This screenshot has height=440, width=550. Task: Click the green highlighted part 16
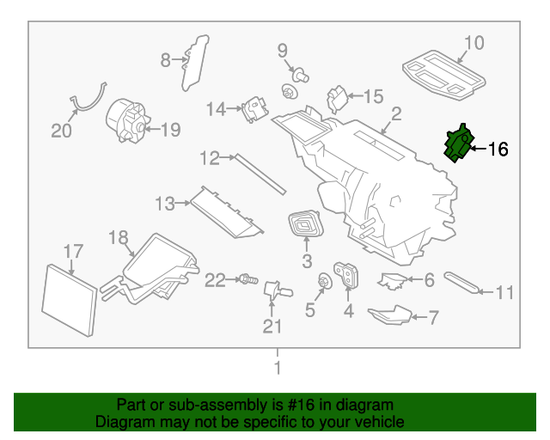point(457,143)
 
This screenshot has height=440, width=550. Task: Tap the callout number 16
point(498,150)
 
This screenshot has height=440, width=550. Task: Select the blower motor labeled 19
point(125,120)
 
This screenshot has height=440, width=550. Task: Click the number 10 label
point(474,42)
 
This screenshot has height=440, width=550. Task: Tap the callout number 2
point(396,113)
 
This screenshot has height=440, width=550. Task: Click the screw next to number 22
point(247,279)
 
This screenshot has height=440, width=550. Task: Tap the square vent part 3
point(305,226)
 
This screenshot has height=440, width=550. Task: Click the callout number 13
point(164,204)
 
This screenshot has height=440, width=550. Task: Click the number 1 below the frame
point(277,368)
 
